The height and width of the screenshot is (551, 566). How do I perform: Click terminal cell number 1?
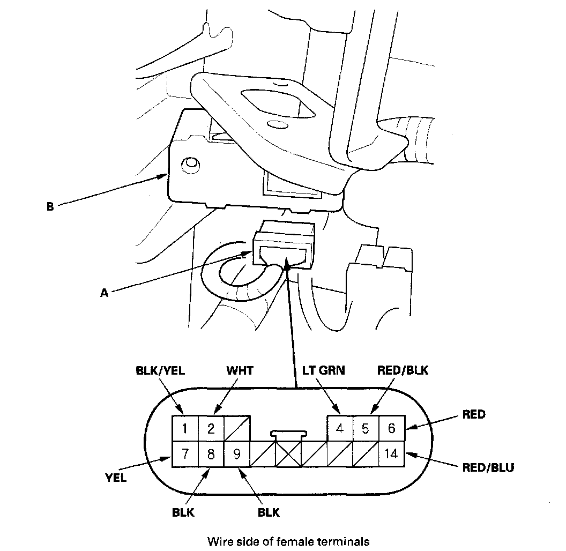(x=185, y=428)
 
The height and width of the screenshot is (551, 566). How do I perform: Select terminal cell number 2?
(x=211, y=428)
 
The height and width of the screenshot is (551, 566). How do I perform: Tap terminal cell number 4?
(x=340, y=428)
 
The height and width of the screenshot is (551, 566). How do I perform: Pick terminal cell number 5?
(x=366, y=428)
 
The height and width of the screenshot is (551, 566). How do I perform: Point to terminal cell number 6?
(x=392, y=428)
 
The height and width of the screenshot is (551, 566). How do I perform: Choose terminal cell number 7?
(x=185, y=454)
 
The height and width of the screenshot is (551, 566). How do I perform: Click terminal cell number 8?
(x=211, y=454)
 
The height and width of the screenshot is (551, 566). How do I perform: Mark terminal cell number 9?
(x=237, y=454)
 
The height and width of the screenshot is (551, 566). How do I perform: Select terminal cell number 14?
(x=392, y=454)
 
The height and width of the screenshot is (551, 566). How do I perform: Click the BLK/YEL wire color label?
(x=160, y=370)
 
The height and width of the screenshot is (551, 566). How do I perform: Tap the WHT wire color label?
(x=240, y=370)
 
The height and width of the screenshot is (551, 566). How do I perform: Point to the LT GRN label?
(x=323, y=370)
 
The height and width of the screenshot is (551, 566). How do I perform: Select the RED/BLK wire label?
(x=403, y=370)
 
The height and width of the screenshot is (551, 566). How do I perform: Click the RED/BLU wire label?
(x=488, y=468)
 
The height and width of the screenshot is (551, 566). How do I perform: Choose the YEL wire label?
(x=116, y=478)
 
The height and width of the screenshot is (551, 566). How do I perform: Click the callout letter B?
(x=50, y=206)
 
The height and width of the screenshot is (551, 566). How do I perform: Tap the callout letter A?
(x=104, y=293)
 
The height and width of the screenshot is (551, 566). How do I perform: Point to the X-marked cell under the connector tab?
(x=288, y=454)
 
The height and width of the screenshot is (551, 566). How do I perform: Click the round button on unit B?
(x=190, y=166)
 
